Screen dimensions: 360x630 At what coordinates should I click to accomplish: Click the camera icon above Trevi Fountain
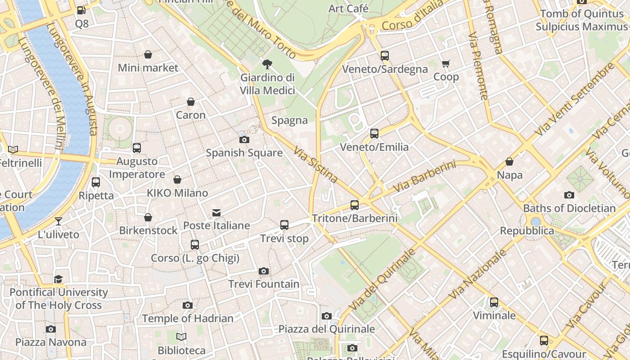click(264, 271)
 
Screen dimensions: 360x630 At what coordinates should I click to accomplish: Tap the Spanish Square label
click(244, 153)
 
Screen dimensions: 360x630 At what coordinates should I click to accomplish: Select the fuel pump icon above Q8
click(81, 10)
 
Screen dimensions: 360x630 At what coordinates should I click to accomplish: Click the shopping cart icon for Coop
click(445, 64)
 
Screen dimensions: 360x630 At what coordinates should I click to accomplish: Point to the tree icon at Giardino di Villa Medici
click(267, 64)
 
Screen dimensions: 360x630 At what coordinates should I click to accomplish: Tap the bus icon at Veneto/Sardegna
click(384, 56)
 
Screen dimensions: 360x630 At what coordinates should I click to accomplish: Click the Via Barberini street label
click(424, 177)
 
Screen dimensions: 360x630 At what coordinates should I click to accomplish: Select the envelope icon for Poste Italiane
click(216, 212)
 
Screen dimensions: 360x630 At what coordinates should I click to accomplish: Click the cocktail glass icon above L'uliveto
click(58, 221)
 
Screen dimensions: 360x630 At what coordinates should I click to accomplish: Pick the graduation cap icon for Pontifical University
click(58, 279)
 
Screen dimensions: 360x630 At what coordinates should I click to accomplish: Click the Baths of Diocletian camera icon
click(569, 195)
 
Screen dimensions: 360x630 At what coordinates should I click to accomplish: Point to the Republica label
click(527, 231)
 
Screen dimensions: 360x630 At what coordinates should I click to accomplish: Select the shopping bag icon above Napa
click(509, 162)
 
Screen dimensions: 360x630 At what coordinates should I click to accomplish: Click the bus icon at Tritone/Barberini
click(355, 205)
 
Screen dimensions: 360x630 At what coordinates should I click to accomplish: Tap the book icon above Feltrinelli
click(13, 149)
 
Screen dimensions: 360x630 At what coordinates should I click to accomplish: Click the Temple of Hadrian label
click(188, 319)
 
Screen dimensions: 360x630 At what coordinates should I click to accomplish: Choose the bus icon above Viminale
click(494, 302)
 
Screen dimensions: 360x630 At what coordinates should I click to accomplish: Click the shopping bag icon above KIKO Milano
click(177, 180)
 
